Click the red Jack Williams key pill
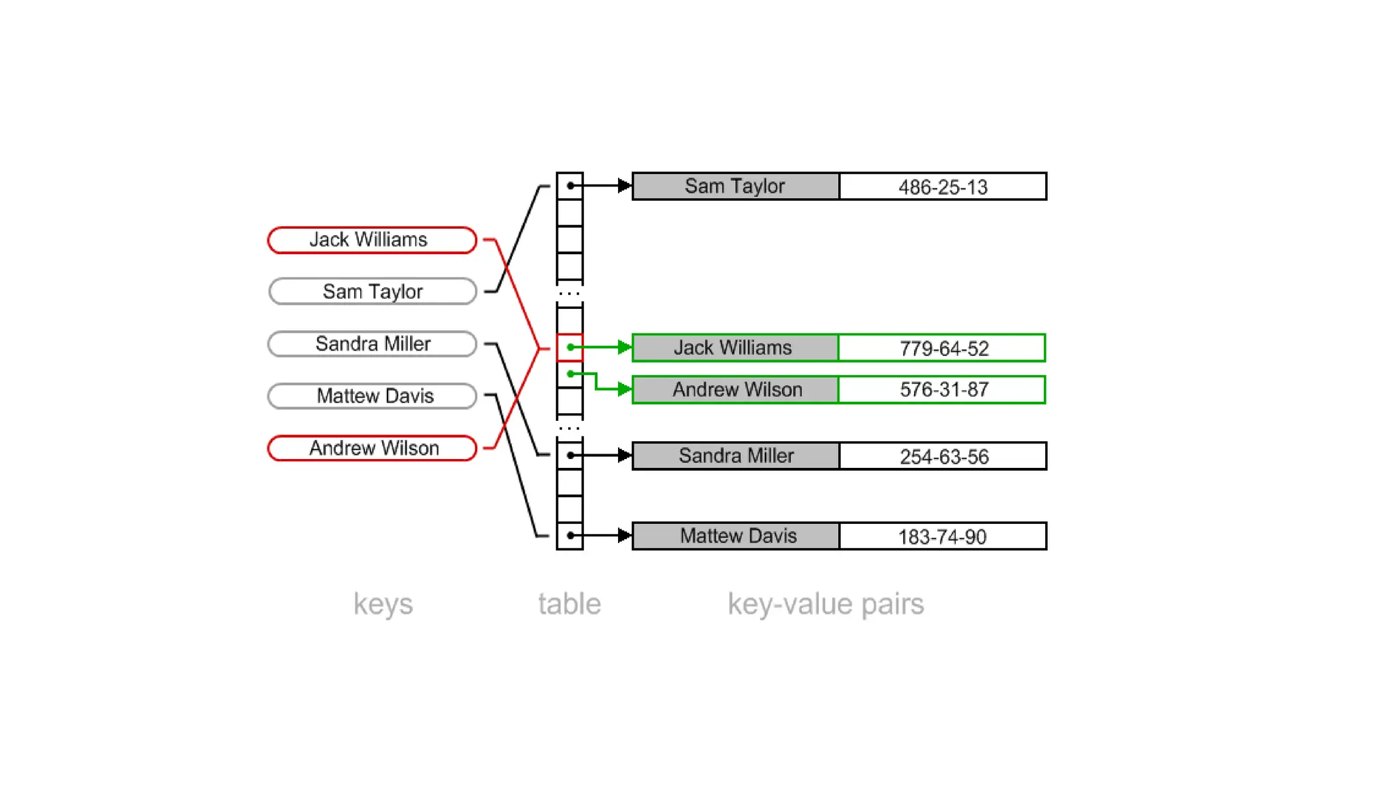[372, 240]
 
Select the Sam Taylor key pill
[372, 292]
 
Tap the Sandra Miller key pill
[372, 344]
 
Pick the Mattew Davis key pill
[372, 396]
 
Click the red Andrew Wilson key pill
[372, 448]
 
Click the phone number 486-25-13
[942, 187]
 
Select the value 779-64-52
[942, 348]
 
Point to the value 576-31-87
[942, 389]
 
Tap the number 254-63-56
[942, 456]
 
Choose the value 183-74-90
[942, 536]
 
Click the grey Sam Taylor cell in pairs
[736, 186]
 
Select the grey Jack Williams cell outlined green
[734, 348]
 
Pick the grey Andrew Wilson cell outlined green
[736, 389]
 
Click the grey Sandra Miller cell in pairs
[736, 456]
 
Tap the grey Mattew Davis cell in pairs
[737, 536]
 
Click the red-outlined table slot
[569, 347]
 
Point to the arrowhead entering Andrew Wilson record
[623, 389]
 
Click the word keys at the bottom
[383, 604]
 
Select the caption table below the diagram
[569, 604]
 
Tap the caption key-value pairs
[825, 604]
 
